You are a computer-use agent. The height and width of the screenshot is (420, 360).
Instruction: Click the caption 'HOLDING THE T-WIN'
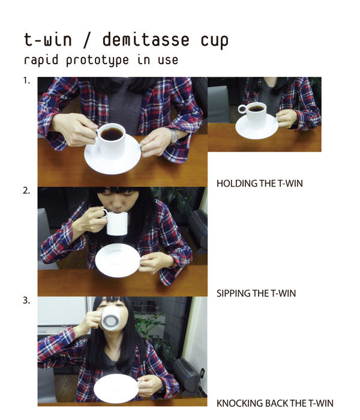(x=259, y=184)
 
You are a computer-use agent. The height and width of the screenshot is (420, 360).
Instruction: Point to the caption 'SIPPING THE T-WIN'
(x=256, y=293)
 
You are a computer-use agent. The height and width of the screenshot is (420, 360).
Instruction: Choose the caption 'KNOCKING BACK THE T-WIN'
(x=274, y=403)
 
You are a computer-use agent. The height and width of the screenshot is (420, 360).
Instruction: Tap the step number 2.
(x=26, y=191)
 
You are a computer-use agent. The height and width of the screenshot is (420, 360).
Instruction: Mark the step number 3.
(x=26, y=301)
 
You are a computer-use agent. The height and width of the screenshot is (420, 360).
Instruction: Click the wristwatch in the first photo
(x=174, y=136)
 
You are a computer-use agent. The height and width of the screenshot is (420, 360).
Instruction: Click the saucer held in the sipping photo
(x=118, y=260)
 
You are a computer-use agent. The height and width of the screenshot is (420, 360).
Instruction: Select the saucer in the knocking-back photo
(x=115, y=388)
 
